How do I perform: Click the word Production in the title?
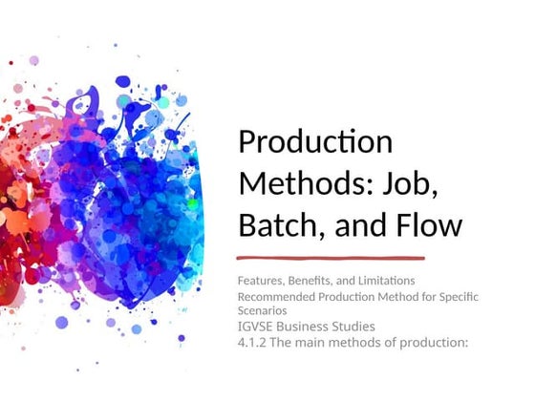tap(315, 141)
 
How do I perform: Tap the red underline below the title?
tap(331, 258)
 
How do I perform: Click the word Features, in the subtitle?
tap(262, 281)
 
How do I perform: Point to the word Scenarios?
tap(263, 311)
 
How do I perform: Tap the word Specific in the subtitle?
tap(478, 298)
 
